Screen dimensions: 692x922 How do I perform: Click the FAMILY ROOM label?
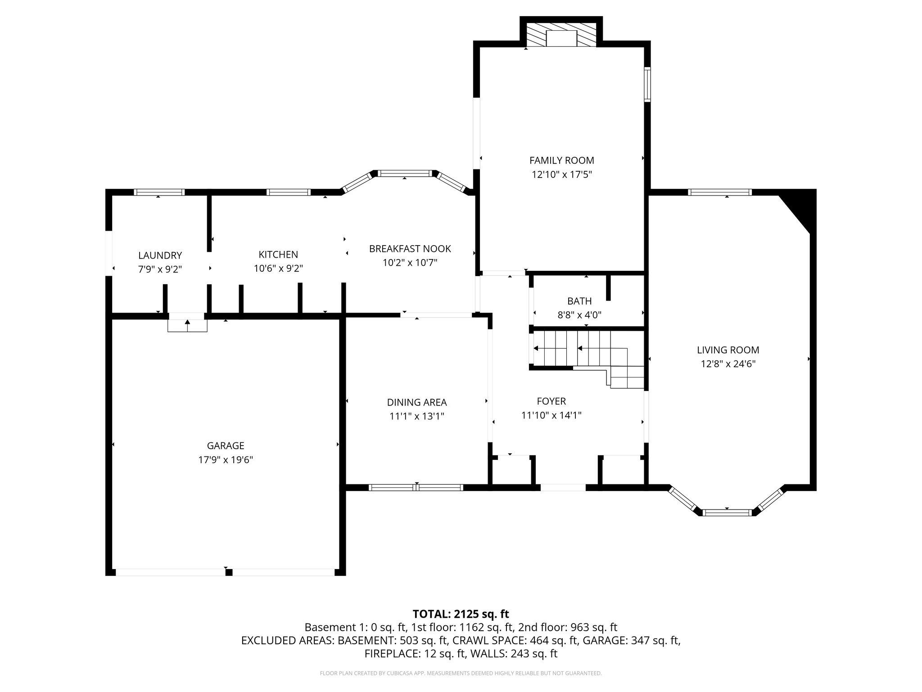click(x=561, y=160)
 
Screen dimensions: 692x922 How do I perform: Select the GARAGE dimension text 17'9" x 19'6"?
click(x=226, y=460)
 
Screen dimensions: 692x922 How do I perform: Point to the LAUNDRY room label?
click(x=160, y=255)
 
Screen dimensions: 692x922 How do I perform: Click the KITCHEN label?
click(x=278, y=255)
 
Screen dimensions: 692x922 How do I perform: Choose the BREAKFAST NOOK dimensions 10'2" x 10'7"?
click(x=409, y=263)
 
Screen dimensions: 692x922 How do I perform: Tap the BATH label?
click(x=579, y=301)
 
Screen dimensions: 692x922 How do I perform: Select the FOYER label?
click(x=551, y=401)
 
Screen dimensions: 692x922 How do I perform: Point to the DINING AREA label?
click(x=417, y=402)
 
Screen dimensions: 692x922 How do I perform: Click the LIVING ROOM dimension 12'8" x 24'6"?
click(x=728, y=364)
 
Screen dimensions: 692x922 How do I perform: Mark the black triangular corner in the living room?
click(x=804, y=207)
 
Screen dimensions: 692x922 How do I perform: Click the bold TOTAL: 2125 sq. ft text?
click(x=461, y=614)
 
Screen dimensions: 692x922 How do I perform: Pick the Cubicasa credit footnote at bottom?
click(x=461, y=674)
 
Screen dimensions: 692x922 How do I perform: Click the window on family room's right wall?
click(x=647, y=84)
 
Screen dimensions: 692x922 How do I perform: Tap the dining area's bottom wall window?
click(x=416, y=487)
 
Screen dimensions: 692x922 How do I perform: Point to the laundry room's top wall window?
click(x=159, y=192)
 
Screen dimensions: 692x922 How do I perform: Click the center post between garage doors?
click(x=229, y=573)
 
